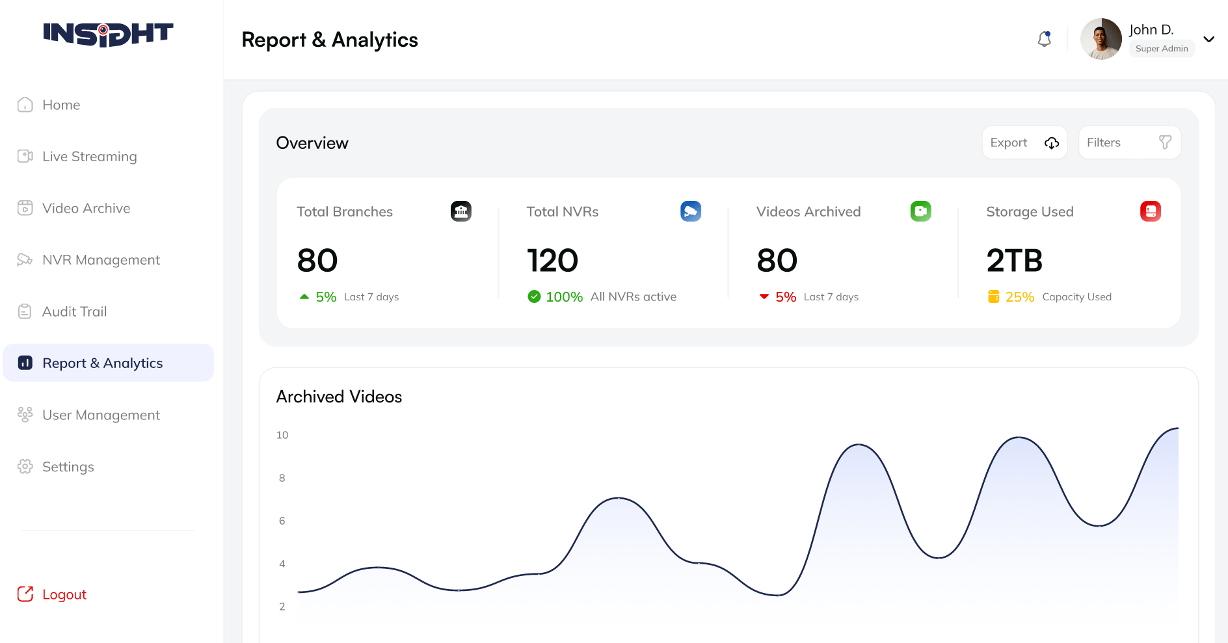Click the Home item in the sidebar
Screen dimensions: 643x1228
click(60, 105)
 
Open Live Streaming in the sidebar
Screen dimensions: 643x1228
click(89, 157)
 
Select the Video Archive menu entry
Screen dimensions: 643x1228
click(86, 208)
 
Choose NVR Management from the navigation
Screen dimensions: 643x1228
click(101, 260)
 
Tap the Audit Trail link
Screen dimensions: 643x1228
click(74, 311)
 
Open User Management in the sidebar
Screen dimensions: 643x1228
click(101, 415)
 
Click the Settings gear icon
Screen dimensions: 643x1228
click(25, 467)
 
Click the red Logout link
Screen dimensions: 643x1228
click(64, 594)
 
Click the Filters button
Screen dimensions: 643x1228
click(1129, 142)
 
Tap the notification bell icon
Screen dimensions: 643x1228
click(1045, 39)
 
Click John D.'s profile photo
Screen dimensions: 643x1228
click(1101, 39)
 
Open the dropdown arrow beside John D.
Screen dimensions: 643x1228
click(1209, 39)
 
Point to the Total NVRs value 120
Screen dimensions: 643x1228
click(552, 261)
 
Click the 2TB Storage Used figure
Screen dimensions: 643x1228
click(1014, 261)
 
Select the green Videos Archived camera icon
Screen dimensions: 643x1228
click(920, 211)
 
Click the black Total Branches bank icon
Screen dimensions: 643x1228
click(461, 211)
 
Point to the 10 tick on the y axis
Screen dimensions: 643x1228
click(282, 435)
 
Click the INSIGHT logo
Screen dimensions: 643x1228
click(108, 34)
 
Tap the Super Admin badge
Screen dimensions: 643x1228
click(1162, 49)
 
